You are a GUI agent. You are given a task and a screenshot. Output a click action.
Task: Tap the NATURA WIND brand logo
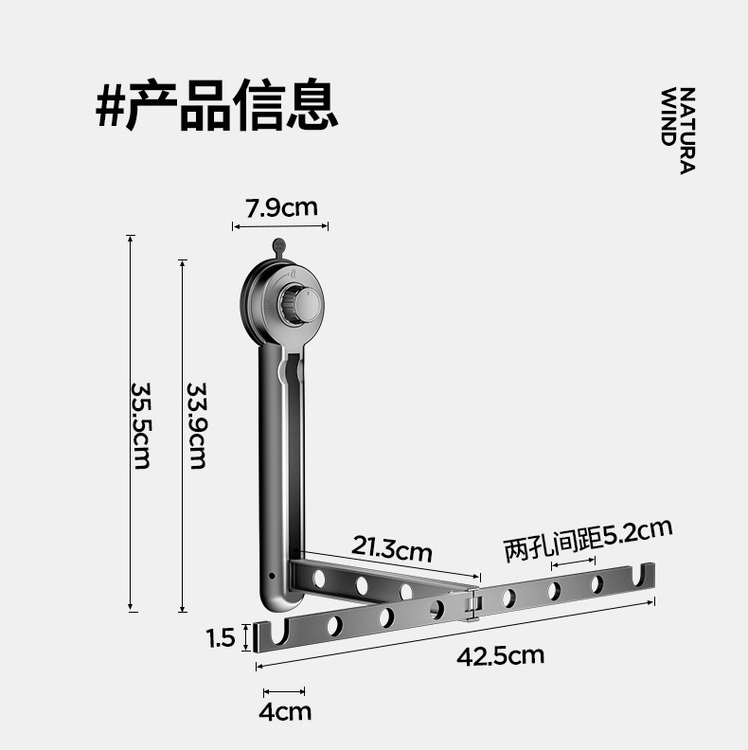pyautogui.click(x=678, y=131)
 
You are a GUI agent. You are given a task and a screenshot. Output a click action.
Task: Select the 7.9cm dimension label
pyautogui.click(x=281, y=207)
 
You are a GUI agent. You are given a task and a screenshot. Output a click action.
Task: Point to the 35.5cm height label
pyautogui.click(x=141, y=425)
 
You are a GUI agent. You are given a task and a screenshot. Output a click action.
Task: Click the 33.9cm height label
pyautogui.click(x=196, y=425)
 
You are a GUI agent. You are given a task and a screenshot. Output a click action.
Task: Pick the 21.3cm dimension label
pyautogui.click(x=391, y=548)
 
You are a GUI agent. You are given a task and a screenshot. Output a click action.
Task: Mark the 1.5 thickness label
pyautogui.click(x=221, y=638)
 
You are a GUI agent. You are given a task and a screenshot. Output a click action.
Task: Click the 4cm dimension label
pyautogui.click(x=285, y=711)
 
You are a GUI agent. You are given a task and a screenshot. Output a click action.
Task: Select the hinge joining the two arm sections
pyautogui.click(x=472, y=603)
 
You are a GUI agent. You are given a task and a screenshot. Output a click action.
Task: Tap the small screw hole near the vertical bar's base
pyautogui.click(x=272, y=575)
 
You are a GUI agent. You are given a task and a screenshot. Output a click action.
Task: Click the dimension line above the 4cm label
pyautogui.click(x=284, y=691)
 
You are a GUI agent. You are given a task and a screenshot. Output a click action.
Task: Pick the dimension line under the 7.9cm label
pyautogui.click(x=280, y=225)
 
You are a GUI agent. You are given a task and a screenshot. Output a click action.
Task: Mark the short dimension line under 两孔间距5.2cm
pyautogui.click(x=573, y=564)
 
